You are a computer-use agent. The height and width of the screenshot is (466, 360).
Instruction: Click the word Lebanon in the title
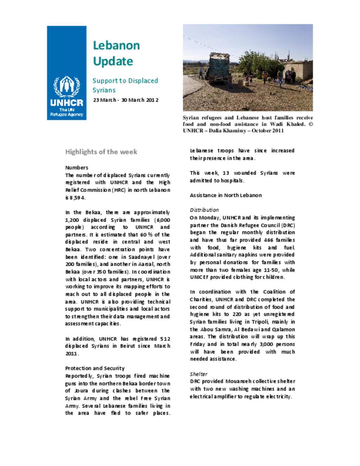[x=116, y=45]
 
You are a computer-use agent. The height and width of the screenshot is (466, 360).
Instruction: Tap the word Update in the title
[x=113, y=61]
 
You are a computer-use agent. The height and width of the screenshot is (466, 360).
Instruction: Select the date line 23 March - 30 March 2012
[x=126, y=100]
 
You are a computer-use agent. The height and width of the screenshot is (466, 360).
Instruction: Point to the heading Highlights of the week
[x=101, y=152]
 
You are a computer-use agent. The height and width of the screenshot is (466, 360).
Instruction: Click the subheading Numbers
[x=77, y=167]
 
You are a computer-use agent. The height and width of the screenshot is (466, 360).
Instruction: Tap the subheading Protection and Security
[x=95, y=368]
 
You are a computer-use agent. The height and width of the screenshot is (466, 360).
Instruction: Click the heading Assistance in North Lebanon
[x=226, y=195]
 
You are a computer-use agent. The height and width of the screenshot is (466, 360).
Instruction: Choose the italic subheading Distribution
[x=204, y=210]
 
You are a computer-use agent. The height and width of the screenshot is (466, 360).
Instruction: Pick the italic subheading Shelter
[x=199, y=374]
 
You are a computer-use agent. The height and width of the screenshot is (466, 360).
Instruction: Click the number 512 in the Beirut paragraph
[x=165, y=339]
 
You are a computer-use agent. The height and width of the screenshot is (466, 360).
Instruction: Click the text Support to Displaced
[x=125, y=81]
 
